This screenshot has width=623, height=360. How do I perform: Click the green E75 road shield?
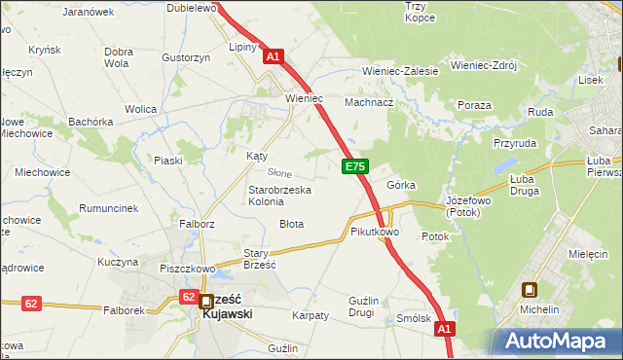tap(354, 167)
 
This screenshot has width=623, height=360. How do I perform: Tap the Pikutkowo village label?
tap(375, 233)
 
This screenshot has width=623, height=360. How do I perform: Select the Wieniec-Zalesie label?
tap(400, 71)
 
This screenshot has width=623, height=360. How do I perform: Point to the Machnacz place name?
tap(369, 102)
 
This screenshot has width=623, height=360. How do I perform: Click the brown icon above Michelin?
tap(531, 289)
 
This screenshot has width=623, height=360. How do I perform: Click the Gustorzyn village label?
tap(187, 58)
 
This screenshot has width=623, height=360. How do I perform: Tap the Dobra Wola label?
tap(118, 57)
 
